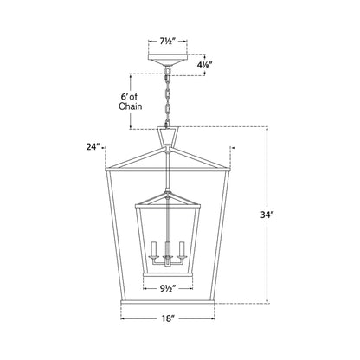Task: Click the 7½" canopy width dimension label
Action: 168,42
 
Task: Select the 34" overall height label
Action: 267,215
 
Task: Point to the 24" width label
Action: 93,147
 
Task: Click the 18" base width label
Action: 168,318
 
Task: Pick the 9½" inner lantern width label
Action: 168,288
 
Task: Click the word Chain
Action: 131,106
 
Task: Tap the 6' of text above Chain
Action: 129,97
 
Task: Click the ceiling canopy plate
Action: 168,60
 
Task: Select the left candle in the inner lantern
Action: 153,248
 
